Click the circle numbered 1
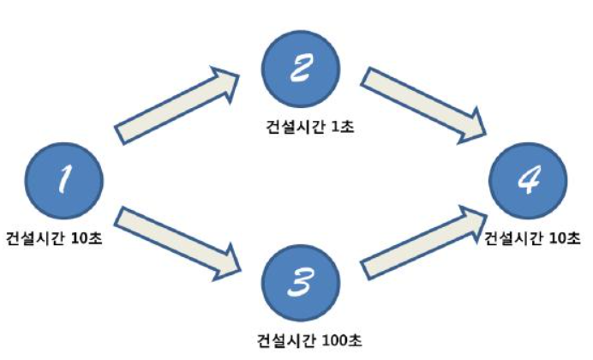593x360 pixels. click(x=66, y=183)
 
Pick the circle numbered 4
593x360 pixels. click(x=528, y=183)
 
